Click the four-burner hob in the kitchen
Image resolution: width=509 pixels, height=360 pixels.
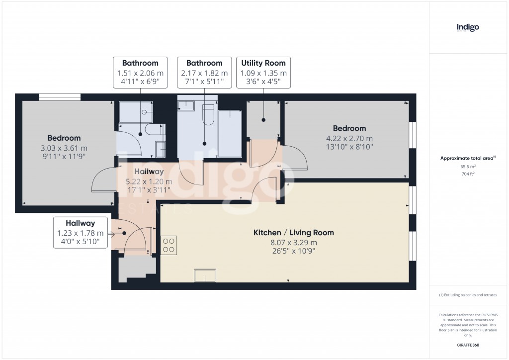[169, 245]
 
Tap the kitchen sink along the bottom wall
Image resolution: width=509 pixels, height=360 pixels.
[205, 275]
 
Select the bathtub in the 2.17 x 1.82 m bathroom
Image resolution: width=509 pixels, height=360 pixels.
[229, 134]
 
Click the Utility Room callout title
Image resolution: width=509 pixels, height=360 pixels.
[263, 63]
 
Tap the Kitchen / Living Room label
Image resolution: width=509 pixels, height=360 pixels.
[293, 232]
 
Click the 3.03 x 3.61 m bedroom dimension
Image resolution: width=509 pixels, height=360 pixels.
[64, 148]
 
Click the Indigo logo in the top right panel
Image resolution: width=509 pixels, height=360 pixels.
[468, 27]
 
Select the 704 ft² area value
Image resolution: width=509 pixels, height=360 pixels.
[468, 175]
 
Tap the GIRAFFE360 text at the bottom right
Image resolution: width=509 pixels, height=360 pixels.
[468, 345]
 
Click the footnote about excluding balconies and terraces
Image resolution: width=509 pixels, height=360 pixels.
[468, 295]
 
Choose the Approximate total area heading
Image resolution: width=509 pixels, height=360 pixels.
[467, 159]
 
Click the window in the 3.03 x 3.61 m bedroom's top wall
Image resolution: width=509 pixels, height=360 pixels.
[60, 97]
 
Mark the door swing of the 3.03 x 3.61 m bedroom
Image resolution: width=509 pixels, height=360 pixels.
[102, 180]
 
